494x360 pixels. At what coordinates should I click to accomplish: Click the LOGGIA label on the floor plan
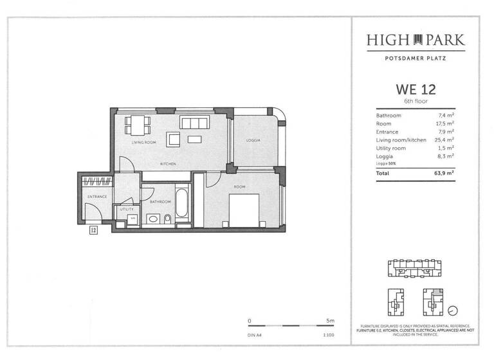tap(253, 140)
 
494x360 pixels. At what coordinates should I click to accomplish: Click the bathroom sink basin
tap(153, 219)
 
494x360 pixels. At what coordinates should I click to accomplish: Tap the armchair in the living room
tap(174, 139)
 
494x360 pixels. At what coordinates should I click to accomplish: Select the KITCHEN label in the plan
tap(169, 164)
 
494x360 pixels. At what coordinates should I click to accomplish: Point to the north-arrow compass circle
tap(454, 310)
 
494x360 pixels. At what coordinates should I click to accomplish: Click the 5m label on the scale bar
tap(330, 319)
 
